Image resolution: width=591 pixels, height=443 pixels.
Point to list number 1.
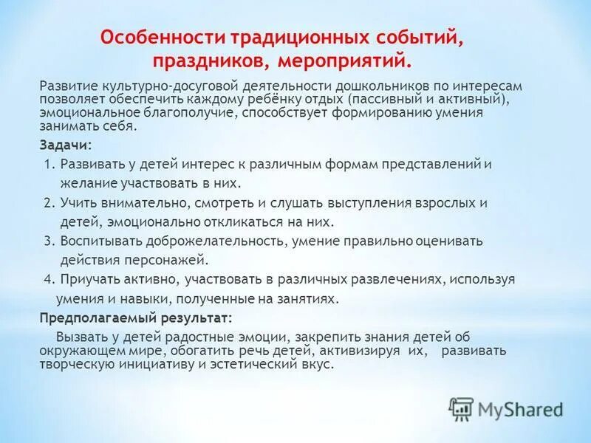[x=49, y=164]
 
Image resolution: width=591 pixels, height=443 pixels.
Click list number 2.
[x=49, y=202]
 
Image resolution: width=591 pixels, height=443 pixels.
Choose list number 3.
[x=49, y=241]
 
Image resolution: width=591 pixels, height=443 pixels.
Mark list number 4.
[x=49, y=279]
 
